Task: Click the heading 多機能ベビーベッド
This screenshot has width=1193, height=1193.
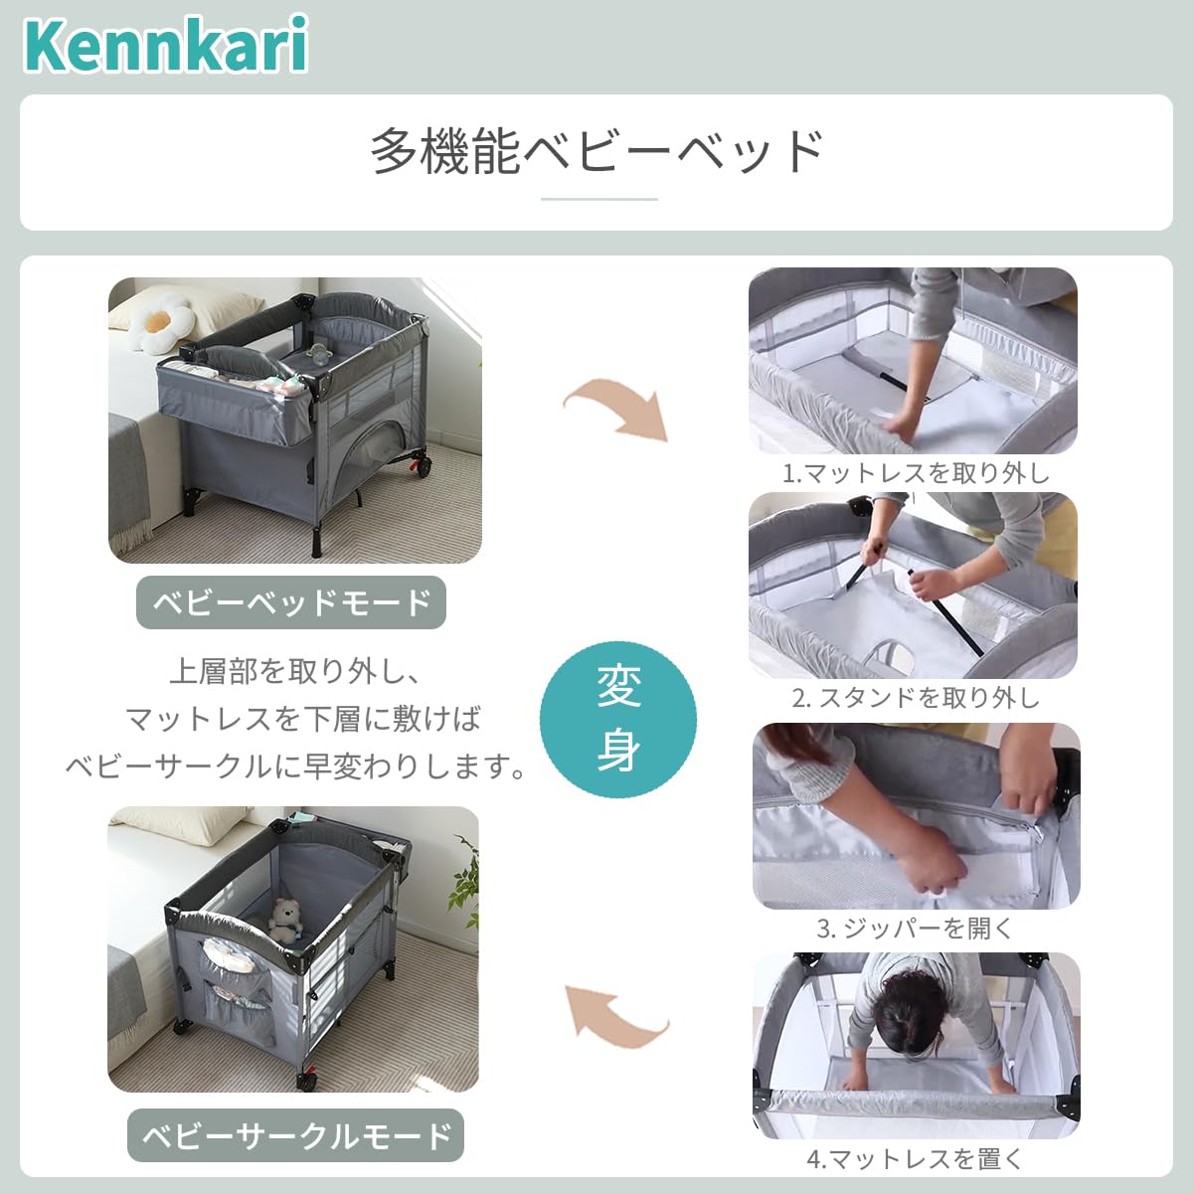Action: pyautogui.click(x=597, y=151)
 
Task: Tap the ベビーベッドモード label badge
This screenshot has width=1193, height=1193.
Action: pyautogui.click(x=290, y=602)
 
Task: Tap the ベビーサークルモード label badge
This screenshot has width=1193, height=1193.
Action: pyautogui.click(x=296, y=1135)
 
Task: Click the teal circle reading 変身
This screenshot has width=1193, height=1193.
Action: pyautogui.click(x=618, y=719)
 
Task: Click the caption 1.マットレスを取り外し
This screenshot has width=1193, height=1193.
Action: pyautogui.click(x=915, y=472)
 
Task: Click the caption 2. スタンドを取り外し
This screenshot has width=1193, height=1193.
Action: pyautogui.click(x=915, y=698)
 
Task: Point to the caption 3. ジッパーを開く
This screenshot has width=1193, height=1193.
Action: pyautogui.click(x=915, y=928)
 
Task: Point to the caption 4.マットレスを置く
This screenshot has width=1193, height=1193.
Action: pyautogui.click(x=915, y=1158)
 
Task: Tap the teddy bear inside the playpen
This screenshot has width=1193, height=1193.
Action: pyautogui.click(x=285, y=920)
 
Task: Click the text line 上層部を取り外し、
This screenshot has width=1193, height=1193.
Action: pyautogui.click(x=295, y=671)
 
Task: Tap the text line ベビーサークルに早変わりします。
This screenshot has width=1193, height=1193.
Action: pyautogui.click(x=295, y=766)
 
